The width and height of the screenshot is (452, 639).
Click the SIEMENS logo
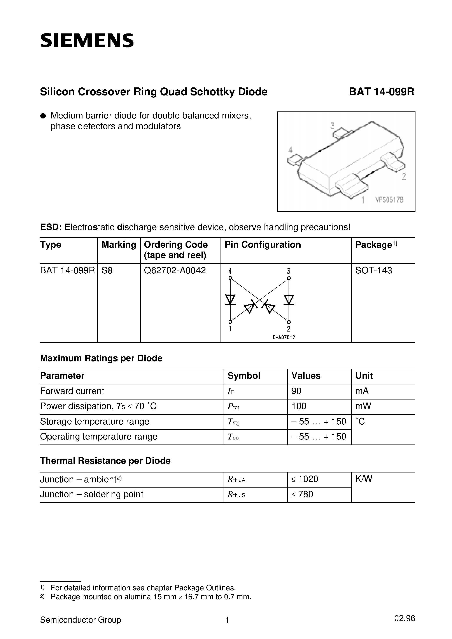point(87,41)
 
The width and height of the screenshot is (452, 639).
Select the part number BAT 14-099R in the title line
point(382,92)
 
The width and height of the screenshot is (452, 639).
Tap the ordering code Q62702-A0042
point(175,271)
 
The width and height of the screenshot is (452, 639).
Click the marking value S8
point(107,271)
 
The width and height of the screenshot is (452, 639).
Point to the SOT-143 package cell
point(373,271)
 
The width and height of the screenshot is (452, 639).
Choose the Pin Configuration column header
point(263,245)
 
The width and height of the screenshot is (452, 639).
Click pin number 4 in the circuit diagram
point(230,271)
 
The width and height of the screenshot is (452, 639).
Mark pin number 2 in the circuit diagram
point(289,329)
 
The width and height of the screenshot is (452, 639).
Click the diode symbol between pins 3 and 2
point(289,300)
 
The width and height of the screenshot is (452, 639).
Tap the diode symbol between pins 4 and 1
point(230,300)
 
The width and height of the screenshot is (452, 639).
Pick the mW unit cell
point(363,406)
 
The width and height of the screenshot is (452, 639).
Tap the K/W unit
point(364,479)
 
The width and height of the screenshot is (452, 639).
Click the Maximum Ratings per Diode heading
point(101,358)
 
